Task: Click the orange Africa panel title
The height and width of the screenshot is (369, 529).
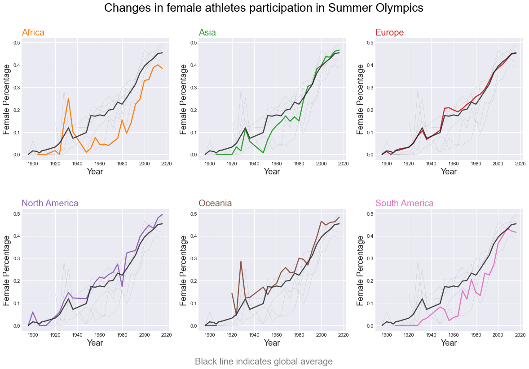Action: click(33, 32)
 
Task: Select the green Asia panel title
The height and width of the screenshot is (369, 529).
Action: click(207, 32)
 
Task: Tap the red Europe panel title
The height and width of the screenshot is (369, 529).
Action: click(389, 32)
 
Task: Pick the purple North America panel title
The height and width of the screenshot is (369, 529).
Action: click(50, 203)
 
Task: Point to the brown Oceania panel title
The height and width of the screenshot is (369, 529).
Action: click(215, 203)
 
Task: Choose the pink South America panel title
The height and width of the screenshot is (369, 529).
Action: click(405, 203)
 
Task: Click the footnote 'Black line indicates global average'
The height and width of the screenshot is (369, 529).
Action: click(264, 361)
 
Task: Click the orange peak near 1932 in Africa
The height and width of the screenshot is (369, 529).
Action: click(68, 98)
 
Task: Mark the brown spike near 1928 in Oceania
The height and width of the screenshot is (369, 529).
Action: click(241, 262)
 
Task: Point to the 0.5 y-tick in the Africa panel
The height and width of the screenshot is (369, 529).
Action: click(17, 43)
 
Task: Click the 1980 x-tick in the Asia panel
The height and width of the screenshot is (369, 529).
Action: click(299, 163)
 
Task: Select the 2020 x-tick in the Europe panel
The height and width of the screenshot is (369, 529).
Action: click(520, 163)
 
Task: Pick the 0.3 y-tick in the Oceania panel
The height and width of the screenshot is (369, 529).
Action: click(194, 258)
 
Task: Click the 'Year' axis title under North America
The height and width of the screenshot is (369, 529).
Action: click(95, 343)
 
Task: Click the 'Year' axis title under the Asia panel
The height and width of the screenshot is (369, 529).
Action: click(272, 172)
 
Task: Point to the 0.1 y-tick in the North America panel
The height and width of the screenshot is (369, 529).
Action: click(17, 303)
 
